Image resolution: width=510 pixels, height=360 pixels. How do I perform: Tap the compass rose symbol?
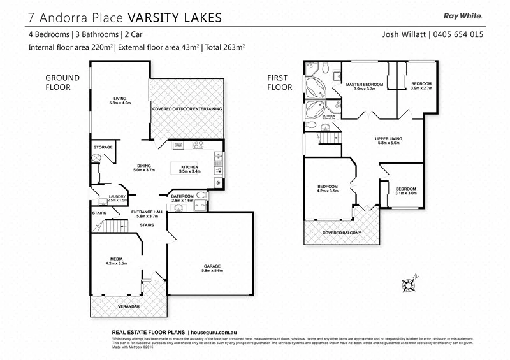(x=409, y=281)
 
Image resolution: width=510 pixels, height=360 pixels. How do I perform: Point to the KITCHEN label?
(x=189, y=167)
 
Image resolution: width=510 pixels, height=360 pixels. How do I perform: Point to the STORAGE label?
(x=103, y=147)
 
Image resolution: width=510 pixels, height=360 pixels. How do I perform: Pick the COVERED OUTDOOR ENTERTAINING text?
(x=187, y=109)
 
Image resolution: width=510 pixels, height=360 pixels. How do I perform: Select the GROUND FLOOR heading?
(x=62, y=83)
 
